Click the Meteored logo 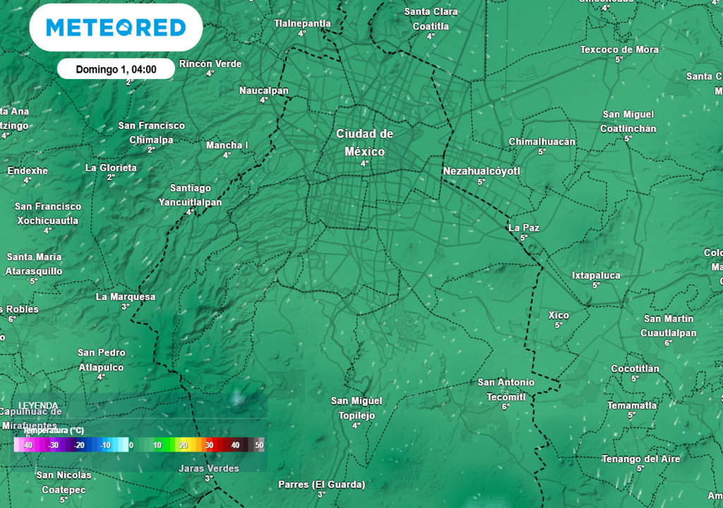pos(116,28)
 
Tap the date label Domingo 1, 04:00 pos(116,69)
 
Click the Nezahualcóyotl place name pos(481,171)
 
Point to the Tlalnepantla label pos(302,23)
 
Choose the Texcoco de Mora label pos(619,49)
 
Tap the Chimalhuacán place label pos(542,142)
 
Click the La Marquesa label pos(126,297)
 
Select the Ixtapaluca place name pos(596,275)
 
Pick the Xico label pos(558,315)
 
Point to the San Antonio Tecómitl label pos(506,389)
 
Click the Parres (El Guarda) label pos(321,485)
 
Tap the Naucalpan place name pos(264,90)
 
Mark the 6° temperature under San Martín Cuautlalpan pos(668,343)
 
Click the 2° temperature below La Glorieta pos(111,177)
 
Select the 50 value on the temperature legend pos(259,445)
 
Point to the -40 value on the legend pos(28,445)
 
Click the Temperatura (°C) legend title pos(54,430)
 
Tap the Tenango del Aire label pos(640,459)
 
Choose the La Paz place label pos(524,228)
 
